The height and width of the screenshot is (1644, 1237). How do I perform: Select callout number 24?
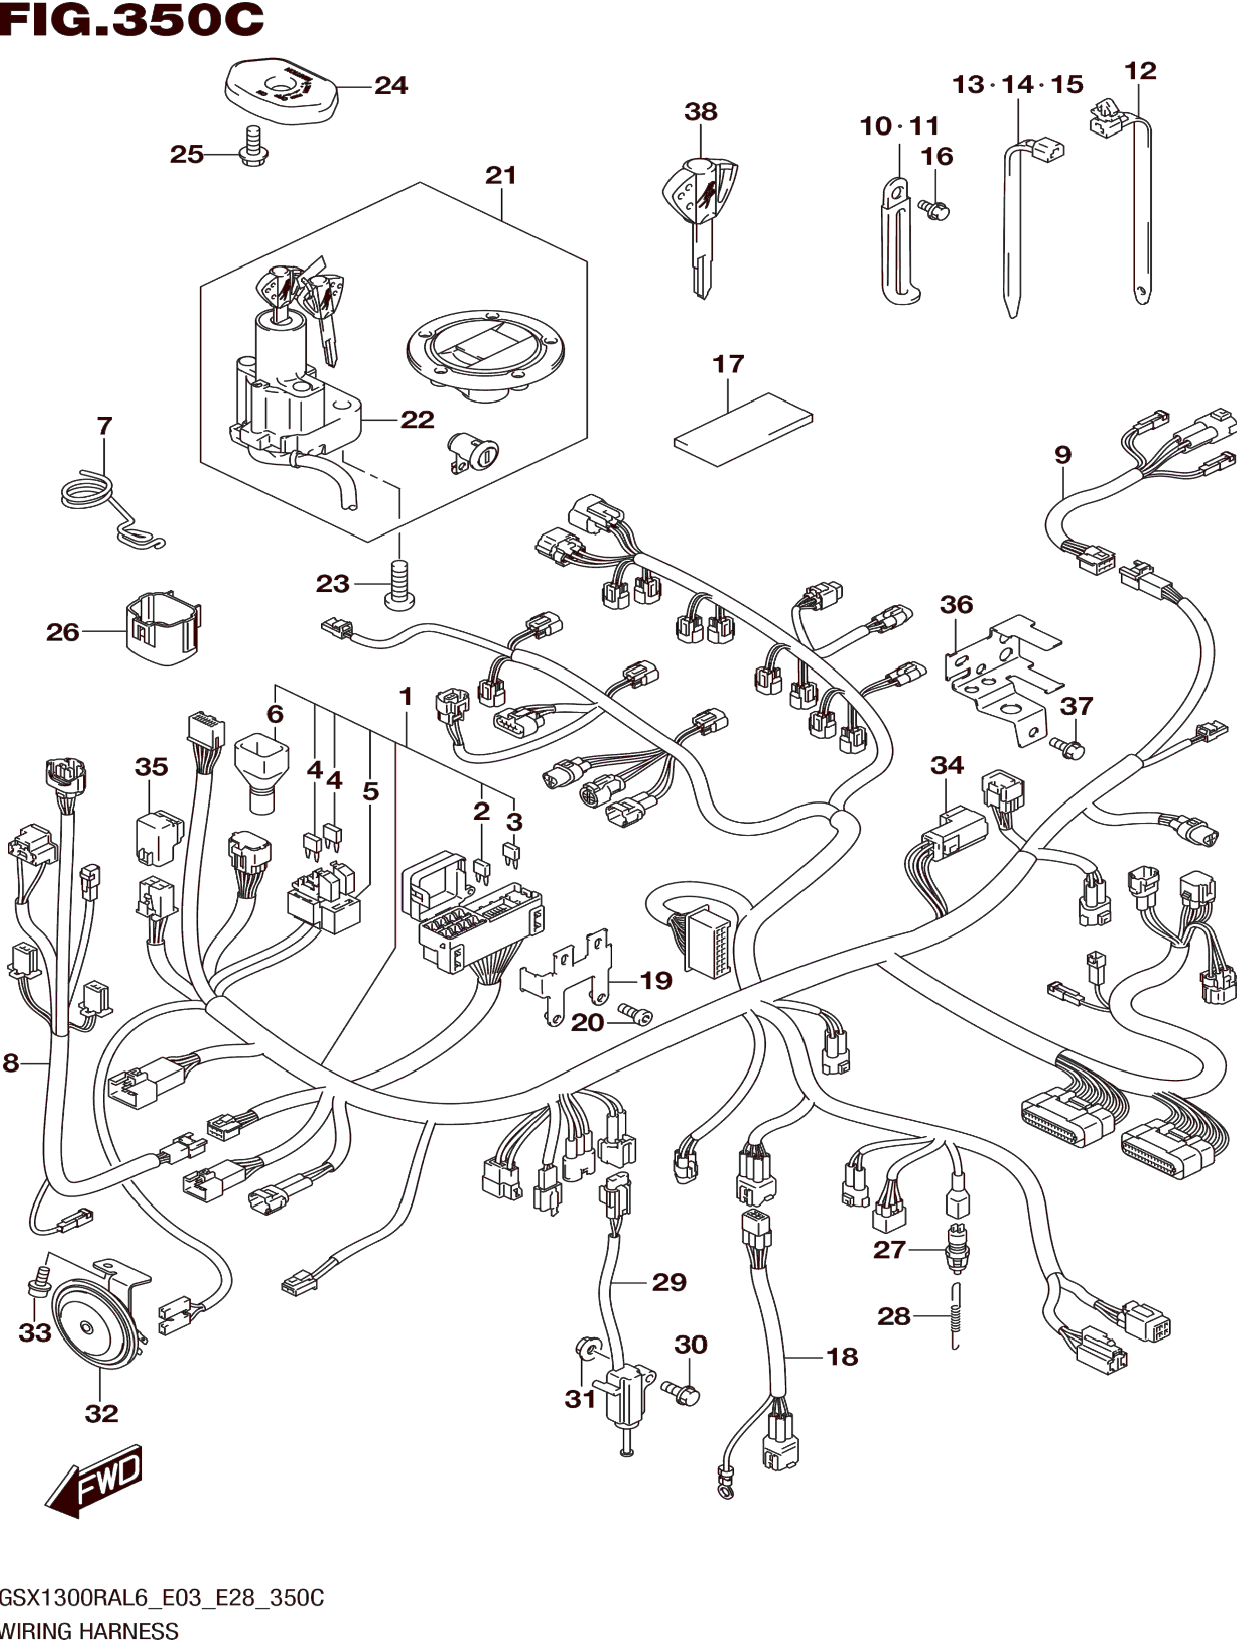pyautogui.click(x=391, y=86)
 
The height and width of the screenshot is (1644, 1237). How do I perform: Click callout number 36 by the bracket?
pyautogui.click(x=956, y=604)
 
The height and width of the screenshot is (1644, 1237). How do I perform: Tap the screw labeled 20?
pyautogui.click(x=634, y=1015)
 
